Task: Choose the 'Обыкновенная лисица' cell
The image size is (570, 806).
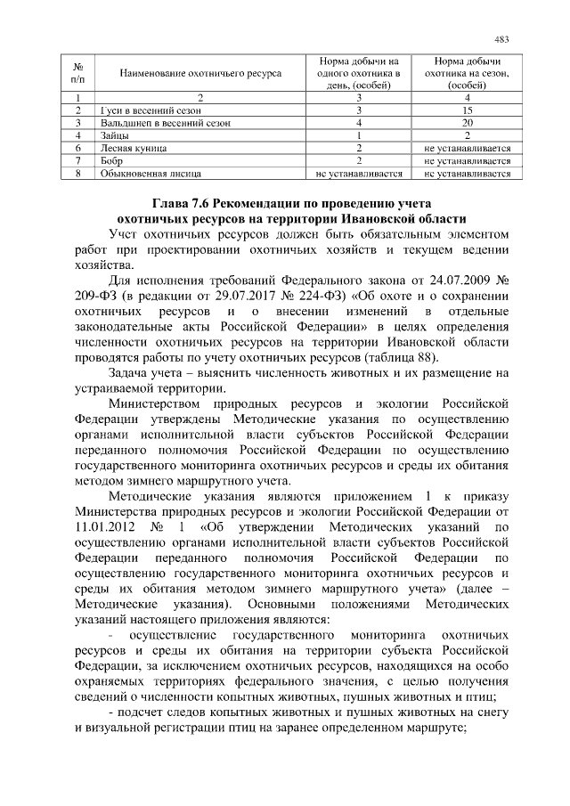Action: (x=143, y=174)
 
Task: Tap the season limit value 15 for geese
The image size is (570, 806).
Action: (x=467, y=110)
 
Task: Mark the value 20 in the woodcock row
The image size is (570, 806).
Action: (x=467, y=122)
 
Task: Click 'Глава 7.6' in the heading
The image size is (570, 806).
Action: (x=179, y=202)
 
